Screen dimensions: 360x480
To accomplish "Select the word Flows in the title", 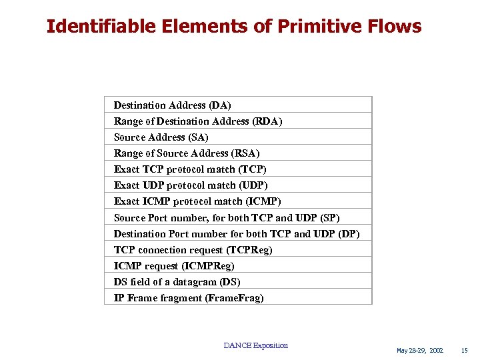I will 399,27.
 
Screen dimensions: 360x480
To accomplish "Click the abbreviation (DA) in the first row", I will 220,105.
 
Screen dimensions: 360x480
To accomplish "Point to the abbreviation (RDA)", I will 267,121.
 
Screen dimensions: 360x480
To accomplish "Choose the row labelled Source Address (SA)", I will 161,137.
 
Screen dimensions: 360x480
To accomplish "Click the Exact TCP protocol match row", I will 190,169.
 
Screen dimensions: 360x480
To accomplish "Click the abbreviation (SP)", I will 330,217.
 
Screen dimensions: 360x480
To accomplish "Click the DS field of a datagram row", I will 177,282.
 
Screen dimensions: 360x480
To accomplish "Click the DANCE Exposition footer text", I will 256,345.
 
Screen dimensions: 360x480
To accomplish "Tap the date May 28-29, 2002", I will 419,351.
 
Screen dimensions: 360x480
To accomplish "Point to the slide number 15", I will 465,351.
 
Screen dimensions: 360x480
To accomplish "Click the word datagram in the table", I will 201,282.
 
